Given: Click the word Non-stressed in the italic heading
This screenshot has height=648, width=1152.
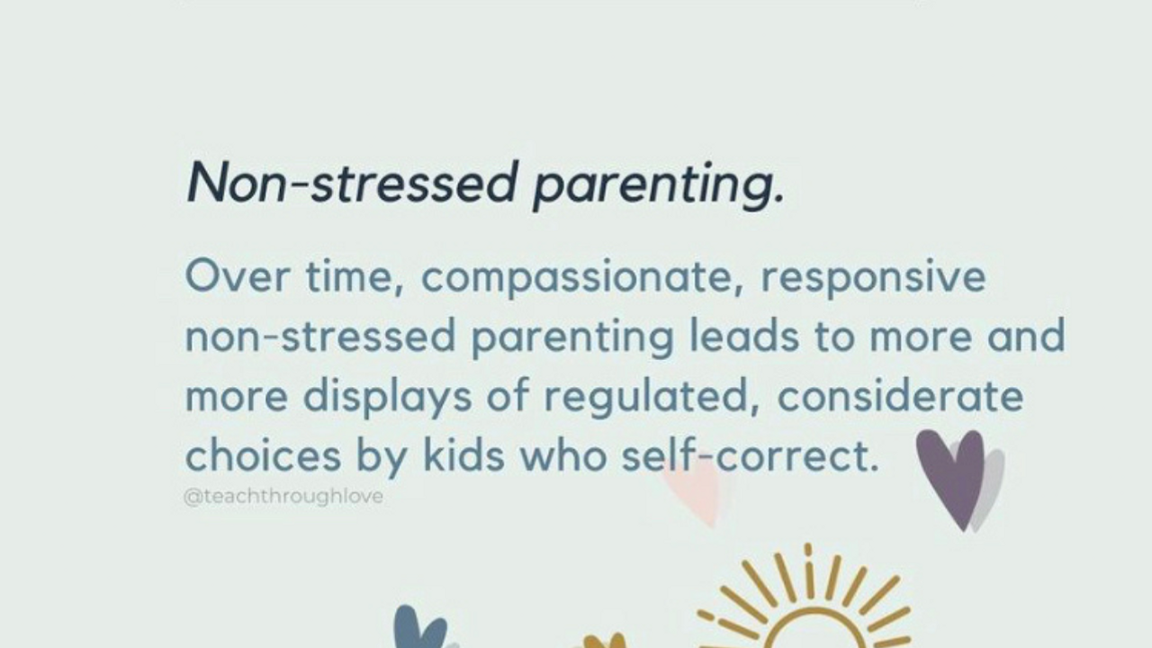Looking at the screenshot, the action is [x=351, y=183].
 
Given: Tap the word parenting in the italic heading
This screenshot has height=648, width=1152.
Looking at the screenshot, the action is [x=658, y=186].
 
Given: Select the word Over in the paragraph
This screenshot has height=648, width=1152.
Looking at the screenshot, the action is [x=238, y=276].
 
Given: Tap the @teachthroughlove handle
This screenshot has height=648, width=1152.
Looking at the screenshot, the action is [x=283, y=497].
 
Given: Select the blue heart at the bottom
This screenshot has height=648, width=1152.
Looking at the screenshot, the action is [x=419, y=627].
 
